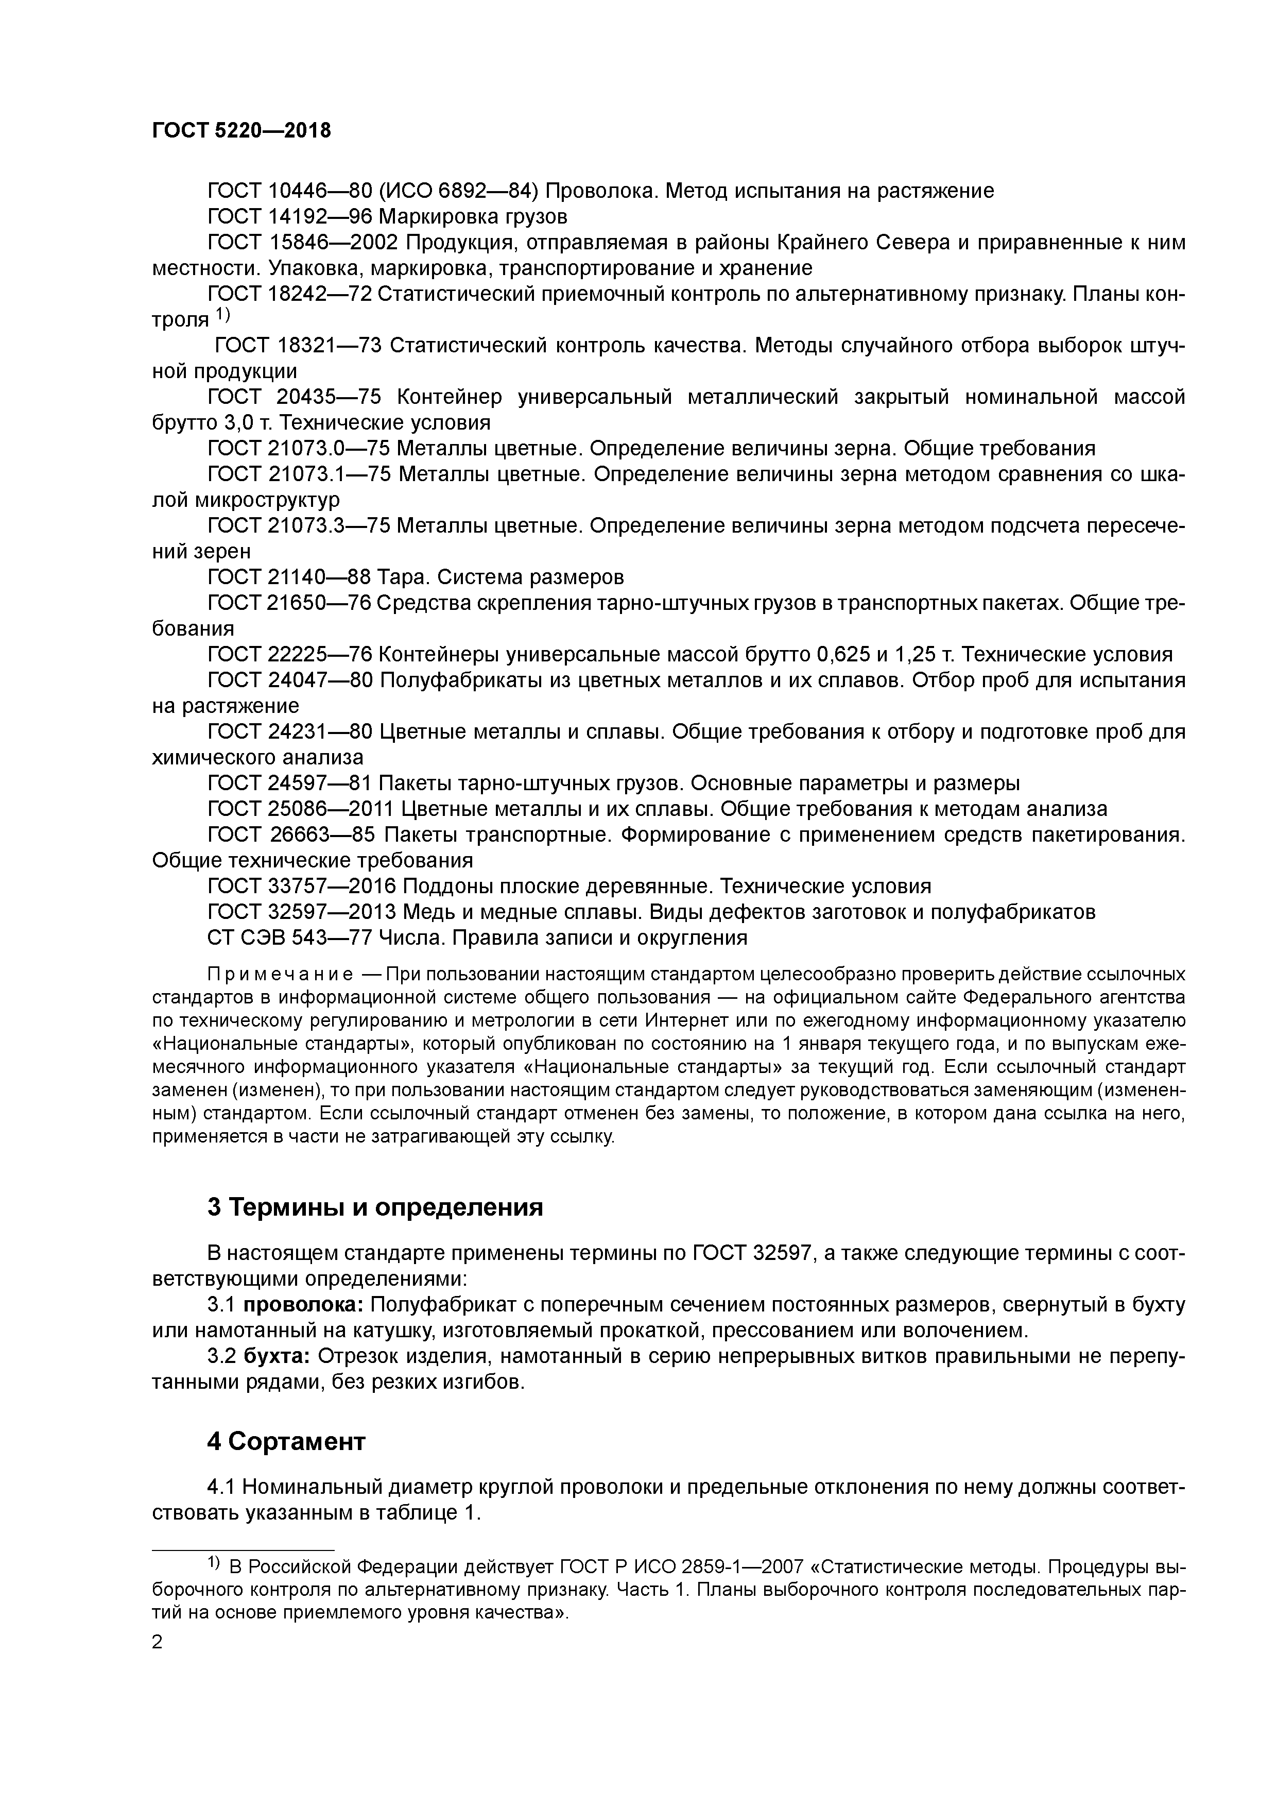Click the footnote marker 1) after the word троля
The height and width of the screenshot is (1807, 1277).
click(x=222, y=315)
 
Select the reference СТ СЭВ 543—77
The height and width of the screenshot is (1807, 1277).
click(x=289, y=938)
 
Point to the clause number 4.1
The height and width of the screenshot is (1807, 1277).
click(x=221, y=1488)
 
